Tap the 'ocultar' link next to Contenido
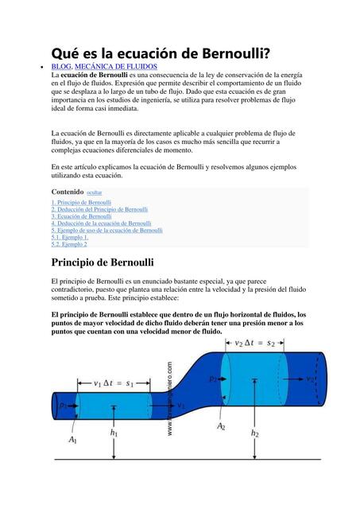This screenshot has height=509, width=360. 94,192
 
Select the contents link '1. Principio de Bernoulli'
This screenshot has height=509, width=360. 81,203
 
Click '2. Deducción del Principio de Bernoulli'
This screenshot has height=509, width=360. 99,210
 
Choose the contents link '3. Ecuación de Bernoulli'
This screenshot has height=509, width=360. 81,216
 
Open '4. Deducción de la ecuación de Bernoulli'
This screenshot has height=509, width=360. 101,223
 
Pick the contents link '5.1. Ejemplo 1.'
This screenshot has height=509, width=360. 70,237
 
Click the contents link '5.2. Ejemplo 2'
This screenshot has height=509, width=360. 69,244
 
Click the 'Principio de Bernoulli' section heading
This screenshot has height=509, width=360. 103,262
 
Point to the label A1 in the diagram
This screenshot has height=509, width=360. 73,439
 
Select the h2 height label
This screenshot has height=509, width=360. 255,433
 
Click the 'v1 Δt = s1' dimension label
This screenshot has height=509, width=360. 118,383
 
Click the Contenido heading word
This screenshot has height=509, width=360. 67,192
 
